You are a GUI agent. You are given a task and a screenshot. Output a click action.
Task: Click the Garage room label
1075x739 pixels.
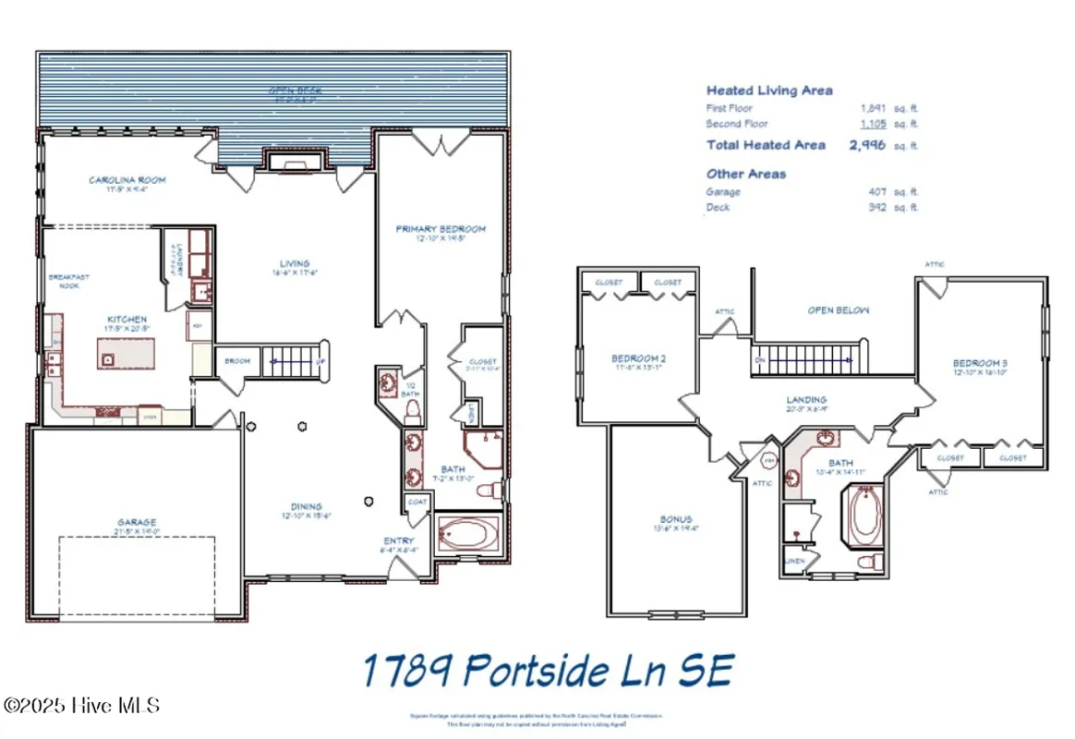[x=135, y=522]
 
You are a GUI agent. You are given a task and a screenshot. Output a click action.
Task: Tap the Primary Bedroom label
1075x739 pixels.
[x=441, y=229]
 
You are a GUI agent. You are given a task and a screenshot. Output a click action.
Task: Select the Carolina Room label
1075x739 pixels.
[x=127, y=180]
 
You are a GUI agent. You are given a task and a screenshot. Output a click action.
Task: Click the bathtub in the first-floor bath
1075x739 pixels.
[x=468, y=534]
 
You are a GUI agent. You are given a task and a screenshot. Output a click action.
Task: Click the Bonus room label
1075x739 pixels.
[x=676, y=520]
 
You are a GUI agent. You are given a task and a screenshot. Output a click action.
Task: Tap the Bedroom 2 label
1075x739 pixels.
[x=638, y=359]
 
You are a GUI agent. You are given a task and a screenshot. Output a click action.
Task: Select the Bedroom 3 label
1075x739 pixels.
[x=980, y=364]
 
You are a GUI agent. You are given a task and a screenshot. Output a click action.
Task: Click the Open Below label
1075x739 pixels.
[x=838, y=310]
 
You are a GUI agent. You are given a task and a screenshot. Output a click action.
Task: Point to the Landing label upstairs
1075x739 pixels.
[x=806, y=400]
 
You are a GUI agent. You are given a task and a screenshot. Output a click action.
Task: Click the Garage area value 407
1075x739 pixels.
[x=877, y=192]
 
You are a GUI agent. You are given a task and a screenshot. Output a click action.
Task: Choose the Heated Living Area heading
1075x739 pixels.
[x=769, y=91]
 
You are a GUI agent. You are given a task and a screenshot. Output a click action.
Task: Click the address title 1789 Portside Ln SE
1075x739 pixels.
[x=548, y=672]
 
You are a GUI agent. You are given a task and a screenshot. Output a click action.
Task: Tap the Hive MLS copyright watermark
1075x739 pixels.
[x=81, y=706]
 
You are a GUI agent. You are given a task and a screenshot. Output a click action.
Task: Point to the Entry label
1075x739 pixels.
[x=399, y=541]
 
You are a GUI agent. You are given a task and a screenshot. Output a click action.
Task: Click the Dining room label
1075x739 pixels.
[x=306, y=507]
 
